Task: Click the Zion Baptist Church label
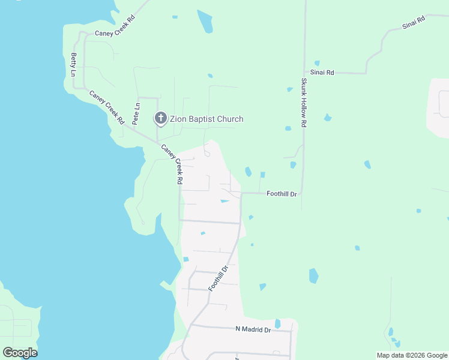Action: point(206,119)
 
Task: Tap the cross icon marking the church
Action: point(161,118)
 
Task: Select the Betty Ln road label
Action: point(74,65)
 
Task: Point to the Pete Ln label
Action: point(136,113)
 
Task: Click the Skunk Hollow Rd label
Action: point(304,103)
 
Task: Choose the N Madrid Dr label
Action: point(253,329)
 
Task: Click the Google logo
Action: point(20,353)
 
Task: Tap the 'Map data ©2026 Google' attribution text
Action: point(412,355)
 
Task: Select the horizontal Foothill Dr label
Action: point(282,194)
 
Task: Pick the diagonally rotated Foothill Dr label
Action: point(219,278)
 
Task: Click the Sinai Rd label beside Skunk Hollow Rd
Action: point(322,73)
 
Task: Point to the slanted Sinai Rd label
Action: point(413,23)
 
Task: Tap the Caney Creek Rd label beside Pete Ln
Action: point(106,107)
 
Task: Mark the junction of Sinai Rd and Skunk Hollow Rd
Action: point(304,73)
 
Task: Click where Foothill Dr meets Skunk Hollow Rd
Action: point(303,193)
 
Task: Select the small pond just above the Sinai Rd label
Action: point(316,63)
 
